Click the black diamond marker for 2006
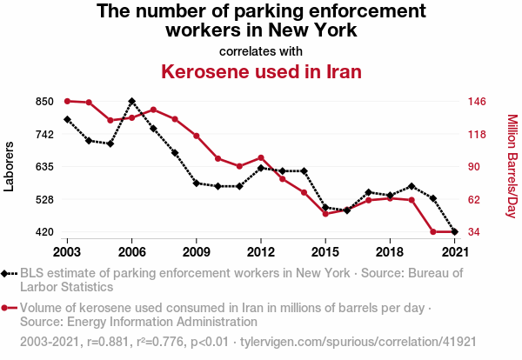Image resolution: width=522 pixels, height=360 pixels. [x=131, y=102]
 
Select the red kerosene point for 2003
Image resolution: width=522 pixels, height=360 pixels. [x=67, y=101]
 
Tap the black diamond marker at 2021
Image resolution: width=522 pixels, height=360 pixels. [x=454, y=232]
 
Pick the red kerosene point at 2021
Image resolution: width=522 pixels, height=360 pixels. [x=454, y=232]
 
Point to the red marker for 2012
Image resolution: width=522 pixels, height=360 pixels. [x=261, y=157]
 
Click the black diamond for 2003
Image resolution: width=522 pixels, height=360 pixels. [x=67, y=119]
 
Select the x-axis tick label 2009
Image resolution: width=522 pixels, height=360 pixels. [x=196, y=251]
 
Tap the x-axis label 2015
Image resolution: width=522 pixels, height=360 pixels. [x=325, y=251]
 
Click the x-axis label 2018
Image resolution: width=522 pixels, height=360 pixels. [x=390, y=251]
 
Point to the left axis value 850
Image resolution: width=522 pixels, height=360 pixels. [x=45, y=102]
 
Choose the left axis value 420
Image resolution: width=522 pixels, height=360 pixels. [x=45, y=232]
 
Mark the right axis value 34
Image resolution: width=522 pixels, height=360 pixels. [x=475, y=232]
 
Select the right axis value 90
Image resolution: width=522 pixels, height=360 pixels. [x=475, y=167]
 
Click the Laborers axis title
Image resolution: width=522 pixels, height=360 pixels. [x=10, y=166]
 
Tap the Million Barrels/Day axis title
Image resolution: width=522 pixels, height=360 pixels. [x=512, y=166]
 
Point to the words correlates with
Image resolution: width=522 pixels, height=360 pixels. [x=261, y=50]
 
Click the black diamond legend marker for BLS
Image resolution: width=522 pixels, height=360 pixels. [x=8, y=273]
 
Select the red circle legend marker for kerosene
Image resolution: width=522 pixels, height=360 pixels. [x=8, y=308]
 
